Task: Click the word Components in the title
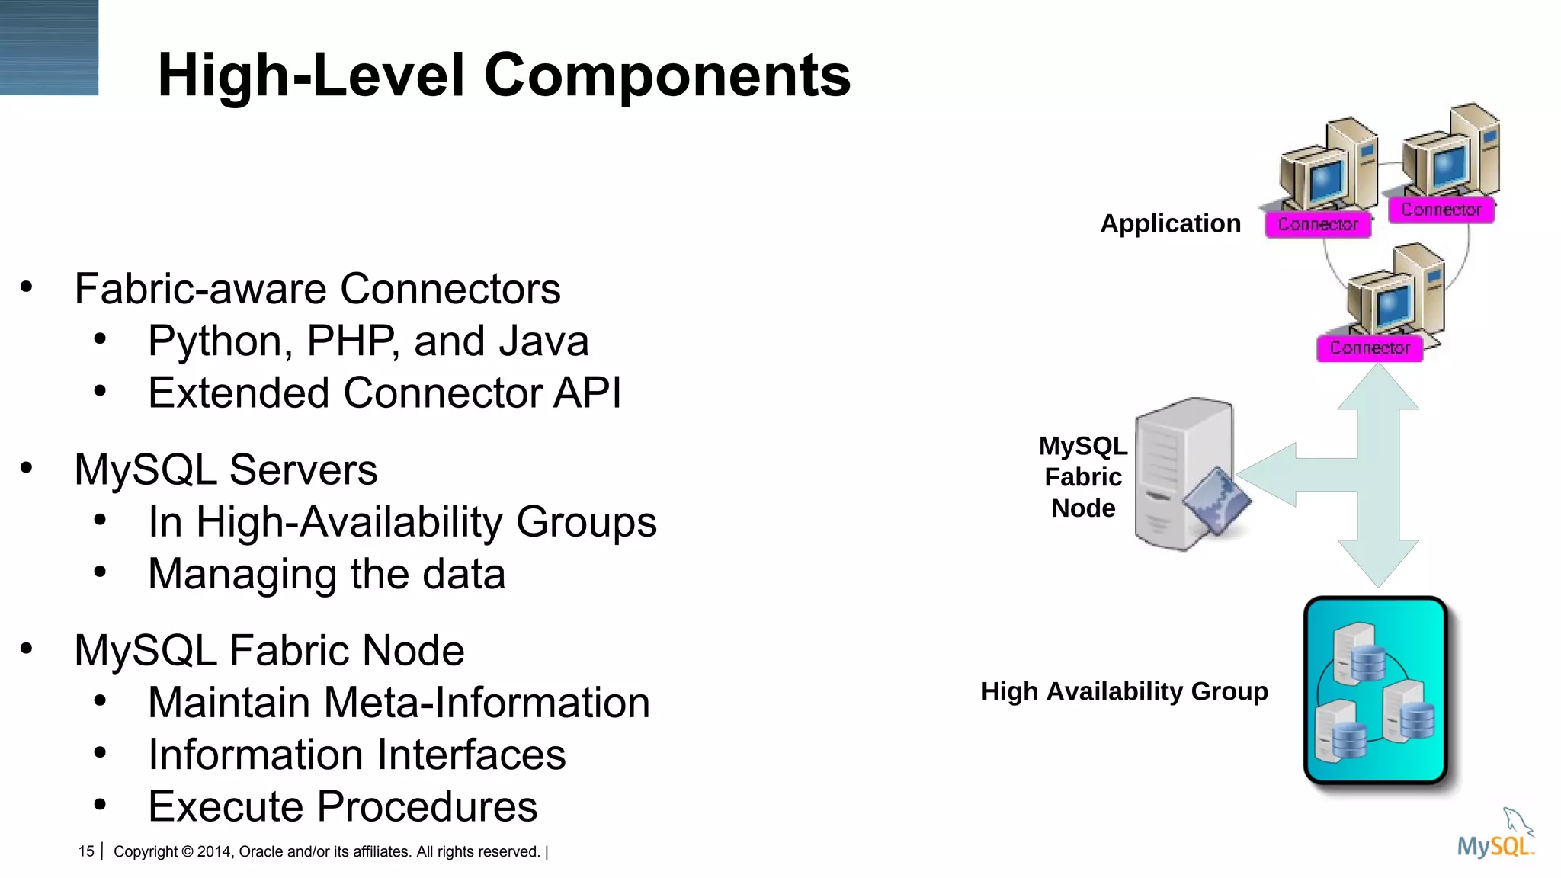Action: coord(667,76)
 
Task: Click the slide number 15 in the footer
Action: coord(86,851)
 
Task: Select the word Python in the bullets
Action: coord(220,341)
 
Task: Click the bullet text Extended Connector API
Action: coord(384,393)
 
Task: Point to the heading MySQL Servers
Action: coord(226,469)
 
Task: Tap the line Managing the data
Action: coord(326,574)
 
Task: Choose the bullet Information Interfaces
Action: coord(357,755)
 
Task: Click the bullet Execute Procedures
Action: coord(342,806)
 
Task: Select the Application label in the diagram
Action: coord(1170,223)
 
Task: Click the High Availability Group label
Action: coord(1124,691)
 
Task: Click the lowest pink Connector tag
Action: coord(1370,348)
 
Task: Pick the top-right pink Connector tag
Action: coord(1441,210)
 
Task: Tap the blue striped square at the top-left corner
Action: coord(49,47)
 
